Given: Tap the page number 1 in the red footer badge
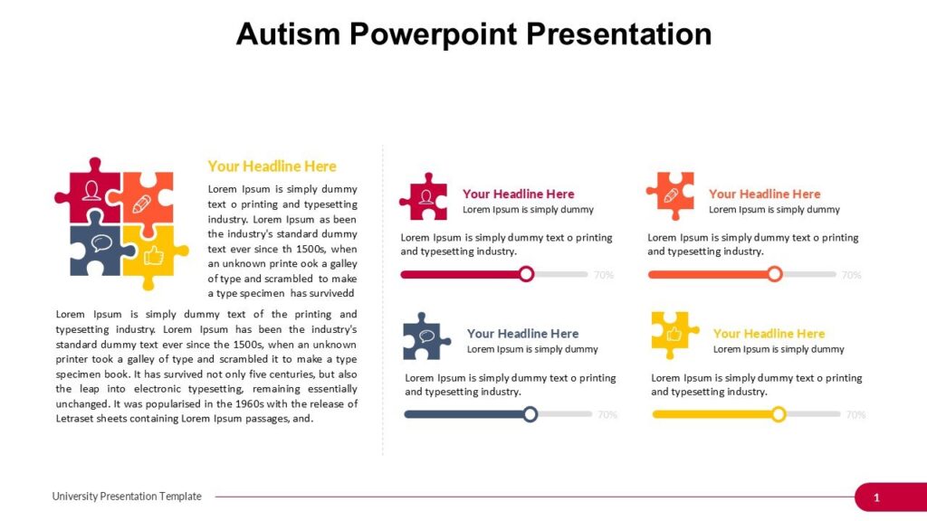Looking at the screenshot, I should click(876, 497).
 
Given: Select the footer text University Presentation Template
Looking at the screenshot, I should click(127, 497).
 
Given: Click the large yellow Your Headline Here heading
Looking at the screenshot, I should click(272, 166).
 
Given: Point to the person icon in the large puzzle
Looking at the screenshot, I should click(91, 191).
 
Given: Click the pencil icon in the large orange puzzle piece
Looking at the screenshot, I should click(142, 204).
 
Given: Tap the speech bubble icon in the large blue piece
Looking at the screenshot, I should click(101, 243).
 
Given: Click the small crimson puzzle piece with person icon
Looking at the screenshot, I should click(422, 198).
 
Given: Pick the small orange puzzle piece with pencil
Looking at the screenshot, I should click(671, 195).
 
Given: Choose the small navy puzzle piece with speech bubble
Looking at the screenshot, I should click(426, 336).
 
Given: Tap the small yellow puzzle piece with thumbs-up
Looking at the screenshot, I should click(674, 334).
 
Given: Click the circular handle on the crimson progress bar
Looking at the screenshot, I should click(526, 274).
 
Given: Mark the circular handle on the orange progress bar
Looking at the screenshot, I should click(774, 274).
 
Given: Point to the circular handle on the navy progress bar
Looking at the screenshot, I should click(530, 414).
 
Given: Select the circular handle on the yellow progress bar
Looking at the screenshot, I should click(779, 414).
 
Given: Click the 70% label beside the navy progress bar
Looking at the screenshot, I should click(607, 415).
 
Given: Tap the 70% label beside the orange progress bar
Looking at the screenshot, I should click(851, 275).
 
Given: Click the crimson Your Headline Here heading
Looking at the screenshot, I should click(518, 194).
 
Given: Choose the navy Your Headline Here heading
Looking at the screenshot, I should click(522, 334).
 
